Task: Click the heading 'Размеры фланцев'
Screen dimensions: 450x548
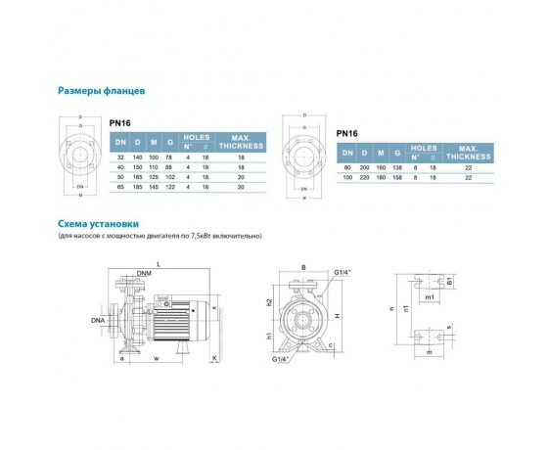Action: [x=102, y=91]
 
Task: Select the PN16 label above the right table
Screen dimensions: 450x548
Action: [x=347, y=133]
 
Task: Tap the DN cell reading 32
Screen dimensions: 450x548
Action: [x=118, y=157]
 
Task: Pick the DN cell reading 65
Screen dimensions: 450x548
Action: [x=118, y=186]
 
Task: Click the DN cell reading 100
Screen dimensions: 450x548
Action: [x=348, y=177]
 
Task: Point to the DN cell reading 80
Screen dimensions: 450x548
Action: [x=348, y=167]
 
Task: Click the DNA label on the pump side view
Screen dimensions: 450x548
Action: [x=99, y=319]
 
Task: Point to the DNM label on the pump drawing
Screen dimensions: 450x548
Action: [x=144, y=272]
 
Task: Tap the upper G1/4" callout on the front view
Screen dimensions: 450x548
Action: [x=342, y=273]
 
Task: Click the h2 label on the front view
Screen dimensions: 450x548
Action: [x=268, y=302]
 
